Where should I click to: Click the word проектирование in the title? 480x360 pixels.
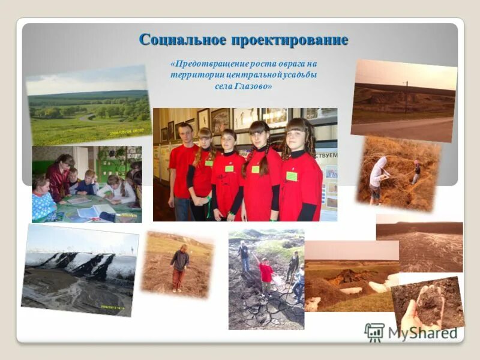click(290, 40)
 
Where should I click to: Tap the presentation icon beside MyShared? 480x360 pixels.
click(374, 332)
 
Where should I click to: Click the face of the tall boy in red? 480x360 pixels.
click(185, 133)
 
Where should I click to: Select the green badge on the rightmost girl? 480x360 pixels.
click(292, 176)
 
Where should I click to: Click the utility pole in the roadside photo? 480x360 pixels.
click(406, 96)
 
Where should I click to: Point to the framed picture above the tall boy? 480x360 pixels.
click(204, 119)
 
